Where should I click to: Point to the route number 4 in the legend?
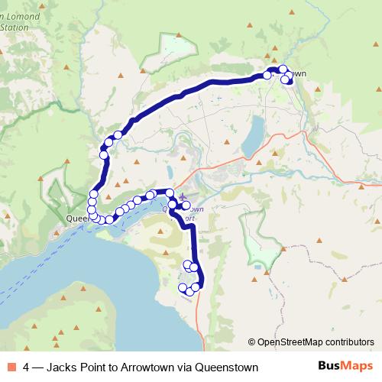click(27, 367)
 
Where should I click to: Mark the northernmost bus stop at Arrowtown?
click(283, 70)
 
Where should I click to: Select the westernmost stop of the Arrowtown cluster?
click(267, 76)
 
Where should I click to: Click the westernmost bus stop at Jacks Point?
click(182, 288)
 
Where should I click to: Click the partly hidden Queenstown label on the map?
click(77, 218)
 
